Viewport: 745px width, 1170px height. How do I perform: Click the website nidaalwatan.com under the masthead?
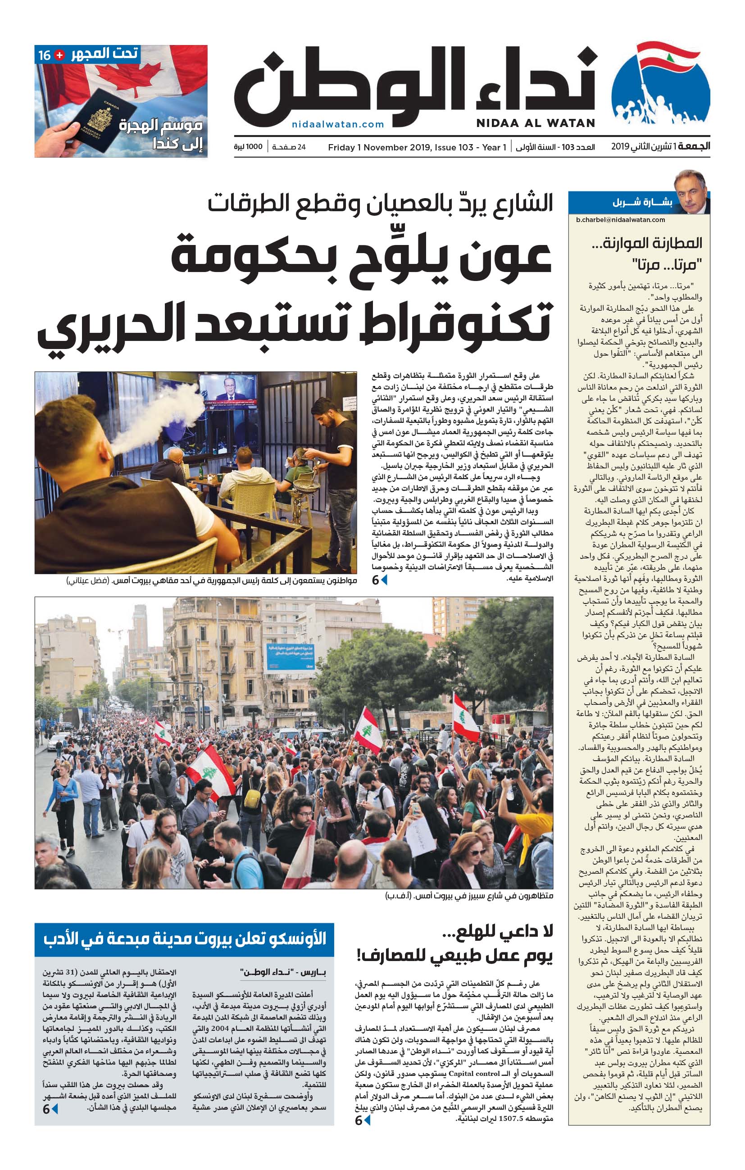pyautogui.click(x=338, y=124)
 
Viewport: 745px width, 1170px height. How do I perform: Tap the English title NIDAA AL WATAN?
pyautogui.click(x=535, y=123)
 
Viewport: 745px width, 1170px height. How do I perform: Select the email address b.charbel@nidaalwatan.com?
pyautogui.click(x=620, y=220)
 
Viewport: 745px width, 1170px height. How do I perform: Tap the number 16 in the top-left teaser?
pyautogui.click(x=44, y=55)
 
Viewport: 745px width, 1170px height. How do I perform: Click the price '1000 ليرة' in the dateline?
pyautogui.click(x=248, y=147)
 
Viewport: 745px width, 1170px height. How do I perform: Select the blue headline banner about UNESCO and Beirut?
pyautogui.click(x=184, y=939)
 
